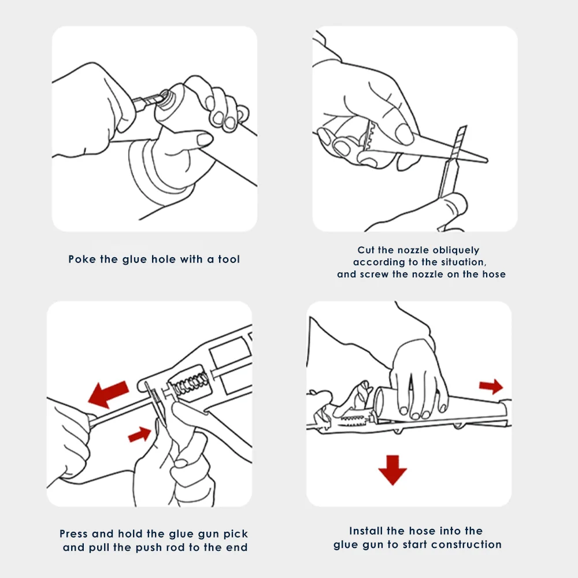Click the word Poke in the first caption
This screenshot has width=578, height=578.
tap(81, 259)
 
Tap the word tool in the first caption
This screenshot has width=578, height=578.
tap(228, 259)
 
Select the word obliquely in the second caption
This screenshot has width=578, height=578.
tap(456, 250)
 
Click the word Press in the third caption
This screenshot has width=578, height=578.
tap(74, 533)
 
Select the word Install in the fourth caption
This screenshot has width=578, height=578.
tap(365, 531)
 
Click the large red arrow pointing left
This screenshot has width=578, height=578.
tap(109, 394)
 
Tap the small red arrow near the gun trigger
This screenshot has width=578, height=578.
tap(140, 434)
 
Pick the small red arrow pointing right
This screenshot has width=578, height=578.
tap(491, 386)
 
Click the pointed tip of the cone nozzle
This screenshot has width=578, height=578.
tap(486, 160)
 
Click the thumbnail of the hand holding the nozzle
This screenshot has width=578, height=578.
tap(403, 134)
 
